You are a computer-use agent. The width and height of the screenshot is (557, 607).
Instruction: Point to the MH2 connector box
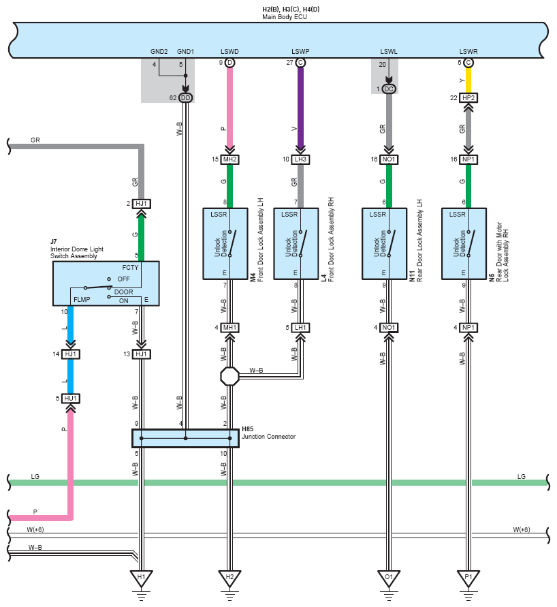[229, 159]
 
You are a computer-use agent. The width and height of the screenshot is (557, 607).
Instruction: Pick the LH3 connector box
[300, 159]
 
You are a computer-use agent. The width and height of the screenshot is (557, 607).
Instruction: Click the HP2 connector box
[468, 98]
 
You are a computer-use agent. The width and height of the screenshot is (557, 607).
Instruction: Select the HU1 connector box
[70, 399]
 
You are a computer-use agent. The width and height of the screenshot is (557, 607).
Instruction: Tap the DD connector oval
[186, 98]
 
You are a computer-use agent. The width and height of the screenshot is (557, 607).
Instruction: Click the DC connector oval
[389, 89]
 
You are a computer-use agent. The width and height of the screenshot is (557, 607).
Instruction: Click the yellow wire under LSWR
[468, 80]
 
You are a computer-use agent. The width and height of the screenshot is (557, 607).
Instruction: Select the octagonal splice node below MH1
[229, 376]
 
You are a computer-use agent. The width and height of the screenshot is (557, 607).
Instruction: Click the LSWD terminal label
[229, 52]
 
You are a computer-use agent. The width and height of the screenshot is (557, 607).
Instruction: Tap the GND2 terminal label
[159, 52]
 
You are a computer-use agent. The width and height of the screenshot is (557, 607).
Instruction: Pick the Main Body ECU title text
[285, 17]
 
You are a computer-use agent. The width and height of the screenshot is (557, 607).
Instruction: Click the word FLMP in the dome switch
[82, 299]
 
